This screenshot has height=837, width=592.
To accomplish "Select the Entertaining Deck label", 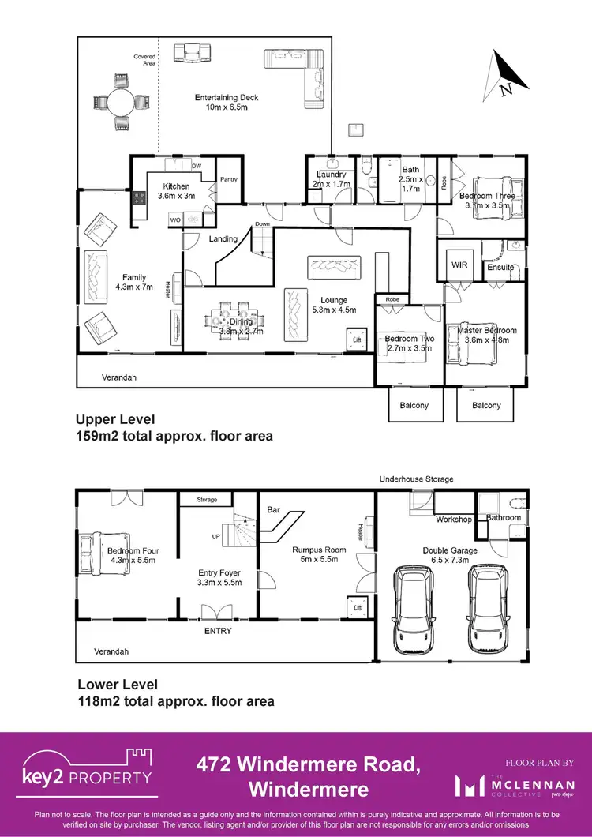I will click(x=227, y=103).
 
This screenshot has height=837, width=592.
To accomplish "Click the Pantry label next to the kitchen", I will click(x=229, y=179).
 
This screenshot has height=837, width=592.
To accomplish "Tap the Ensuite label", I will click(x=500, y=268).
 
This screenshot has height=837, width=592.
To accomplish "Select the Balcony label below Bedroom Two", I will click(x=414, y=405).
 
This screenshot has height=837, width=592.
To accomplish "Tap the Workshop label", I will click(x=454, y=520).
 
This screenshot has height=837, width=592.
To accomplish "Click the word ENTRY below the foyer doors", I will click(x=219, y=631).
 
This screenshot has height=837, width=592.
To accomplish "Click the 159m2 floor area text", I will click(x=174, y=435).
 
